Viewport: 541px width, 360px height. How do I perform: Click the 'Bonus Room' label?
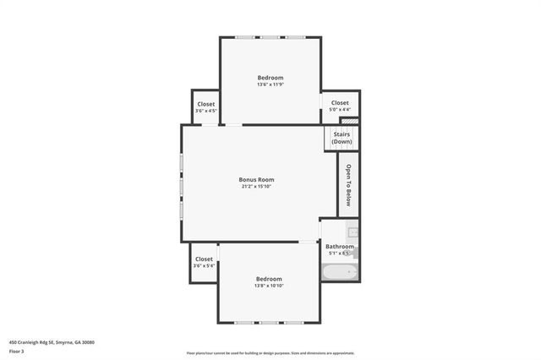[256, 179]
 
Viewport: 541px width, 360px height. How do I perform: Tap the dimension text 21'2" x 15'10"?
[256, 186]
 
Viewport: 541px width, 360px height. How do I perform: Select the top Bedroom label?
[270, 78]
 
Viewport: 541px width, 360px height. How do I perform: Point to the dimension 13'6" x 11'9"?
[270, 85]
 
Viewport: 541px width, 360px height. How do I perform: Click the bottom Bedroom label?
[269, 279]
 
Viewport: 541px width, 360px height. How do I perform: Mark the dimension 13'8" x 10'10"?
[269, 286]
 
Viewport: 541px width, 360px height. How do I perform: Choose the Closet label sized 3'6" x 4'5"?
[206, 104]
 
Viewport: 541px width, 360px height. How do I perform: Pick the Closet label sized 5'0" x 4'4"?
[341, 103]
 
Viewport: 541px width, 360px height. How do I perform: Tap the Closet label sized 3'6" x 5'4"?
[204, 259]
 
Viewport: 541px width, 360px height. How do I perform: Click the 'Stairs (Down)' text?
[342, 138]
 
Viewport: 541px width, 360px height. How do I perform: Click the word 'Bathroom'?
[340, 247]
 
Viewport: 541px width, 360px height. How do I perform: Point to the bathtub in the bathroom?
[340, 271]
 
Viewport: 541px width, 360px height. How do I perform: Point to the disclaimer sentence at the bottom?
[270, 353]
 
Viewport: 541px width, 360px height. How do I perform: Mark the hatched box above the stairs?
[356, 121]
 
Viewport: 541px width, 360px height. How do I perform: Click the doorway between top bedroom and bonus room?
[230, 125]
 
